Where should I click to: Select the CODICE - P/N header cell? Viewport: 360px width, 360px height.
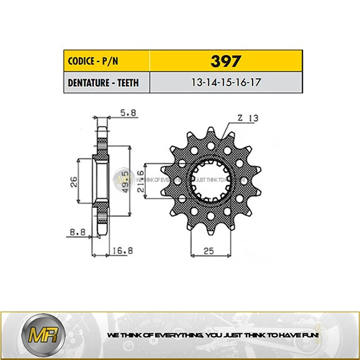(92, 62)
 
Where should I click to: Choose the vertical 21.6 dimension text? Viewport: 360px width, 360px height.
(140, 181)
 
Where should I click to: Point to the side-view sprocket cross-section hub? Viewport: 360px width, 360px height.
(102, 180)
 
